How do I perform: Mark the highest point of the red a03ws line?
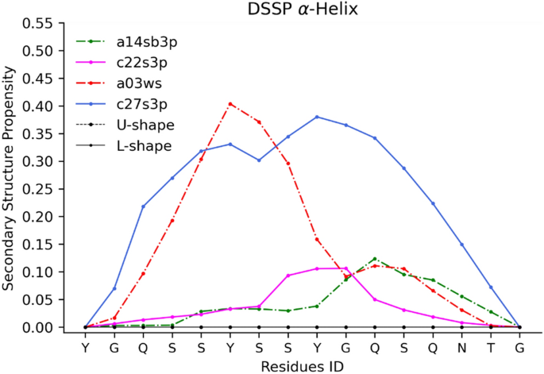coord(230,104)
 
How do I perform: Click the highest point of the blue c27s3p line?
coord(317,117)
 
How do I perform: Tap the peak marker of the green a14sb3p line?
coord(375,259)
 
